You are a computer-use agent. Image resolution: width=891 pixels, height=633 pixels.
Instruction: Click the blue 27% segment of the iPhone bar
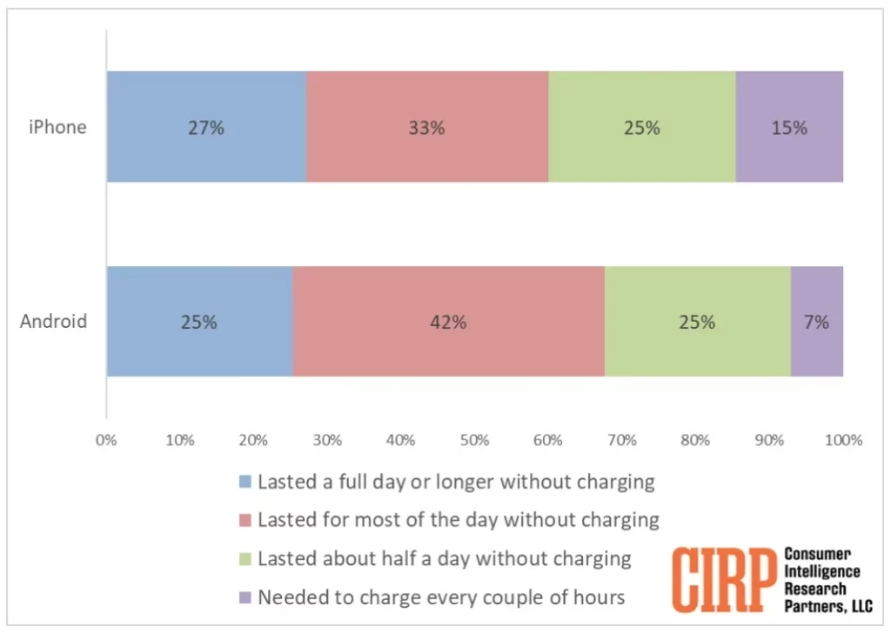coord(206,127)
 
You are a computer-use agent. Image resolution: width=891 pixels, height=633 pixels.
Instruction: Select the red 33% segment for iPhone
coord(426,127)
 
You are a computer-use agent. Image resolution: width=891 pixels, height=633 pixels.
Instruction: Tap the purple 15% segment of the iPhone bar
coord(789,127)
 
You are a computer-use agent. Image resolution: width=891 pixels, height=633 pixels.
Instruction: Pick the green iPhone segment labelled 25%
coord(641,127)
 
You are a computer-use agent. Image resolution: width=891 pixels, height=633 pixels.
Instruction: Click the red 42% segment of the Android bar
coord(448,322)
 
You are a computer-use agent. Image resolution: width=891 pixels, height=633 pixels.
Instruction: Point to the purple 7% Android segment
coord(816,322)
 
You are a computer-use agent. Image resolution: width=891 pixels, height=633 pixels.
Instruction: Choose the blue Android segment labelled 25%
coord(199,322)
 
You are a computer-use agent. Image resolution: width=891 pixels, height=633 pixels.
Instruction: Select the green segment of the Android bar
coord(697,322)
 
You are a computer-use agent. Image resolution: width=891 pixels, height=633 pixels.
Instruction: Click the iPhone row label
coord(57,127)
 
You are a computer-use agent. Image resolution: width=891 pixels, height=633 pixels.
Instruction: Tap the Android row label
coord(54,322)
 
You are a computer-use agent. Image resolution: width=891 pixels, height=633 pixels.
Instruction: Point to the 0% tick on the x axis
coord(106,440)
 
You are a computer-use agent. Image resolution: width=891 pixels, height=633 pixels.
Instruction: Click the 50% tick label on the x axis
coord(474,440)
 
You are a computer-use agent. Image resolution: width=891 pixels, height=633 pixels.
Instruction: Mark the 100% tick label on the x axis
coord(843,440)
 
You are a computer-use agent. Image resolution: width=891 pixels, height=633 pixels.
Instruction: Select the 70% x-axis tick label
coord(622,440)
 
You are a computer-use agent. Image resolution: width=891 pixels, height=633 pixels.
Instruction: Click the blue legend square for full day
coord(245,482)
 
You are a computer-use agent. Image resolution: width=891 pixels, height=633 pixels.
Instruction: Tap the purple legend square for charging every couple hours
coord(245,597)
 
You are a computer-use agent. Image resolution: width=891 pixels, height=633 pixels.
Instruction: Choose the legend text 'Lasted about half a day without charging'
coord(444,558)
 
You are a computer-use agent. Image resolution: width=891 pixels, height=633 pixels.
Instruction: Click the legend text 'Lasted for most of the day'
coord(458,520)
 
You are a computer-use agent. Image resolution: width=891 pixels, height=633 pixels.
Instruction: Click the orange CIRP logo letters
coord(724,579)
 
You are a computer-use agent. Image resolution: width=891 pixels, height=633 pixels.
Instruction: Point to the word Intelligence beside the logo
coord(822,571)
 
